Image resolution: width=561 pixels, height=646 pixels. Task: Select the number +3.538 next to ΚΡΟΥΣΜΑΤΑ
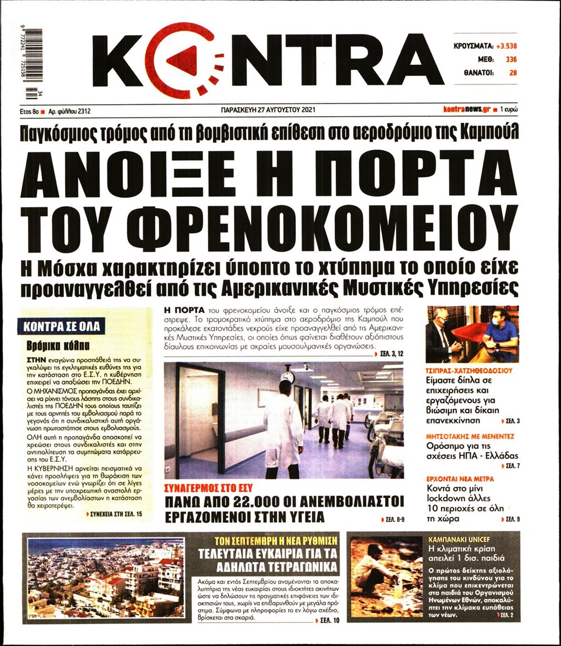[x=506, y=46]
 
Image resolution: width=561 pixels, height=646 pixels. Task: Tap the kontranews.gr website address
[x=466, y=110]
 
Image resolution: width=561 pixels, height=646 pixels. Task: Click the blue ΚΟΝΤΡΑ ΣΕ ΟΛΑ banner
[x=61, y=327]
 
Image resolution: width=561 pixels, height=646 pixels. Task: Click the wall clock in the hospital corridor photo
[x=288, y=376]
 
